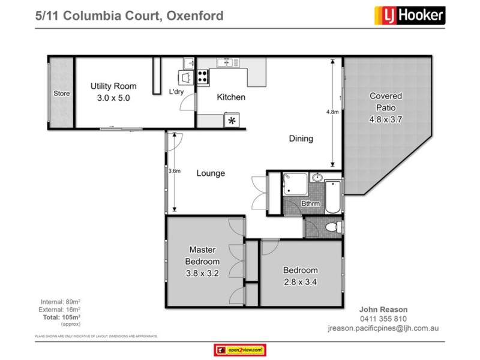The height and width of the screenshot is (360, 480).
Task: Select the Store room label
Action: pos(61,94)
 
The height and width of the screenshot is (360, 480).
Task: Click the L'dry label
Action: pos(176,91)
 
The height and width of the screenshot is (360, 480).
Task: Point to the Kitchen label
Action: pos(231,97)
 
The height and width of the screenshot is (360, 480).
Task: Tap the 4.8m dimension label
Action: pos(332,112)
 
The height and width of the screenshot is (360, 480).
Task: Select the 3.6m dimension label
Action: pos(175,171)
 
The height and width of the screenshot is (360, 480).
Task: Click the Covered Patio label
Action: pos(385,107)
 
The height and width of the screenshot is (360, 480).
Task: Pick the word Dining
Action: pos(301,139)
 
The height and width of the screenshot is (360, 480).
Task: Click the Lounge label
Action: pos(211,173)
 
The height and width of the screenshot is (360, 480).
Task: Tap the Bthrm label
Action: pos(310,204)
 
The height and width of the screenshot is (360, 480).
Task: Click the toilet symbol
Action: pos(334,227)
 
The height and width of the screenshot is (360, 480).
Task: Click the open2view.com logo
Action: pos(239,350)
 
